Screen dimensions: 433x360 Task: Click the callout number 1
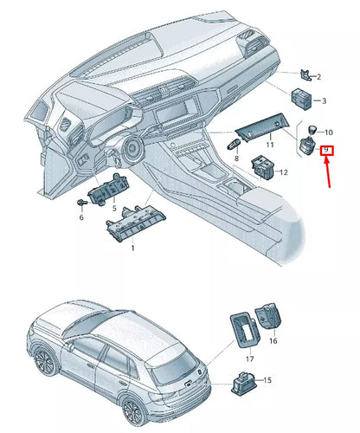132,249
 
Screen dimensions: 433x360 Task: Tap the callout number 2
319,77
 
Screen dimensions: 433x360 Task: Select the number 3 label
323,101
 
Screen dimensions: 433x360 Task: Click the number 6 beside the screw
81,217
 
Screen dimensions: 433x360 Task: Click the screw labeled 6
80,202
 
